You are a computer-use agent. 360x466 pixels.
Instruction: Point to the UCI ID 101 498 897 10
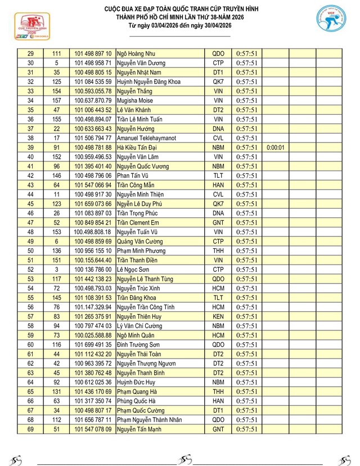click(93, 53)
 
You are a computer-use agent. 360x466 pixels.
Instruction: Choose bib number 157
click(57, 101)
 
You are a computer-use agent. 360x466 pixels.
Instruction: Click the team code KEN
click(218, 316)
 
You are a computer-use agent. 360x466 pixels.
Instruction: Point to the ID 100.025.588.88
click(93, 335)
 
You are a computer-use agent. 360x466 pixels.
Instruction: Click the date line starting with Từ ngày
click(180, 26)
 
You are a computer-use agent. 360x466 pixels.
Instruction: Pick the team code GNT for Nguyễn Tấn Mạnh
click(218, 429)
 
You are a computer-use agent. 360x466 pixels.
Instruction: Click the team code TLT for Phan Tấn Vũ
click(218, 176)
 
